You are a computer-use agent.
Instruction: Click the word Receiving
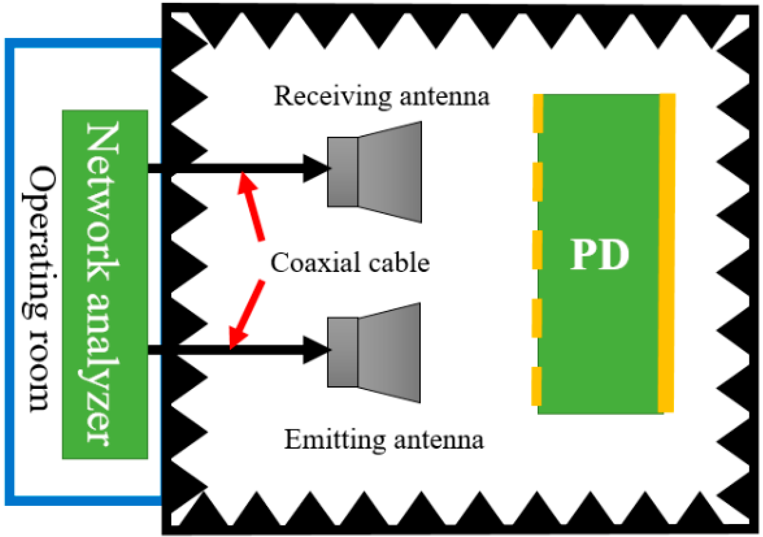tap(333, 97)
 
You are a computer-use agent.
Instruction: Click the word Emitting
tap(335, 440)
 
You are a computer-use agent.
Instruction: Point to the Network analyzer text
tap(103, 284)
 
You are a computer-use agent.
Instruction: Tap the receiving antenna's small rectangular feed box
tap(343, 172)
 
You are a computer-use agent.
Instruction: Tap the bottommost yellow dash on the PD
tap(536, 386)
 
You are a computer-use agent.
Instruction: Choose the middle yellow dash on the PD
tap(537, 250)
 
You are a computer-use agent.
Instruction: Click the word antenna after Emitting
tap(439, 440)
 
